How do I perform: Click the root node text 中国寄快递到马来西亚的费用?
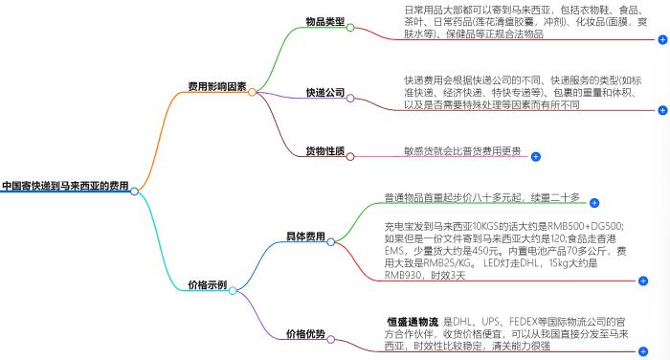point(65,185)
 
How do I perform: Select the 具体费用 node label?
point(305,236)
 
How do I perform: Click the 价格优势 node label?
point(305,334)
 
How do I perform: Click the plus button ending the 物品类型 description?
point(663,40)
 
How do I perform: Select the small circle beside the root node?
point(135,191)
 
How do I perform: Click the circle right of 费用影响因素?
point(253,92)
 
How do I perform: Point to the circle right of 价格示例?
point(237,285)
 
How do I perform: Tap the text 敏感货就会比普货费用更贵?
point(462,150)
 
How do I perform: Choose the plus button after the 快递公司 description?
point(663,111)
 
